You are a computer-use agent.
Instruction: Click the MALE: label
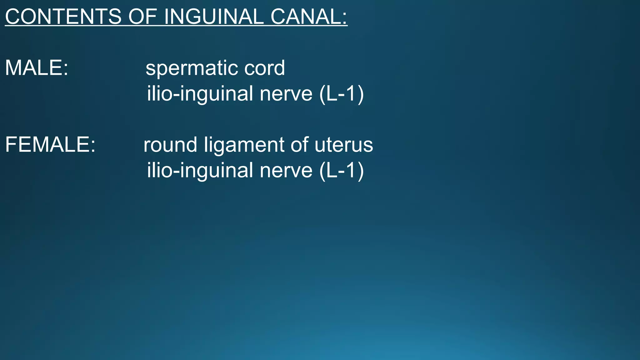pyautogui.click(x=36, y=68)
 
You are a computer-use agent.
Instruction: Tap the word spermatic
pyautogui.click(x=191, y=68)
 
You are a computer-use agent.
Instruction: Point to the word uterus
pyautogui.click(x=344, y=145)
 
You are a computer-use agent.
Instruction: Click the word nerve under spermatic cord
pyautogui.click(x=286, y=94)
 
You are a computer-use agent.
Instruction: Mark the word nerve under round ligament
pyautogui.click(x=286, y=171)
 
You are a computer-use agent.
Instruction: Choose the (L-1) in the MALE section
pyautogui.click(x=342, y=93)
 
